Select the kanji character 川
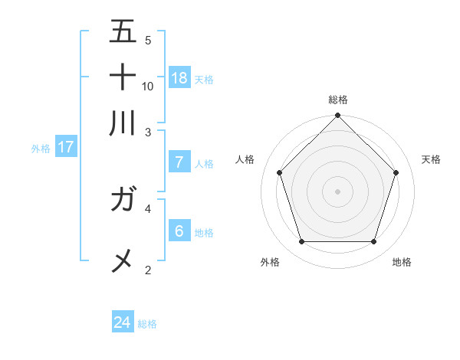(123, 123)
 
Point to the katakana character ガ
(124, 201)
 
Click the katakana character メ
(123, 261)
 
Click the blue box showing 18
(179, 77)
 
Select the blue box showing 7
(179, 162)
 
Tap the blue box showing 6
(179, 231)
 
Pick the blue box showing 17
(66, 147)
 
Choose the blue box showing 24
(123, 322)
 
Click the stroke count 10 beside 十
(148, 86)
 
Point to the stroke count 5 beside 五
(148, 40)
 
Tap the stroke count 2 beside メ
(148, 270)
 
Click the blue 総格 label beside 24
(148, 324)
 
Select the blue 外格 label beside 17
(41, 149)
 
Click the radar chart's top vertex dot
(337, 116)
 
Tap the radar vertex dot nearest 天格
(396, 172)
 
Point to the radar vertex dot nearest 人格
(279, 172)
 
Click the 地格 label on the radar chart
(402, 262)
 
